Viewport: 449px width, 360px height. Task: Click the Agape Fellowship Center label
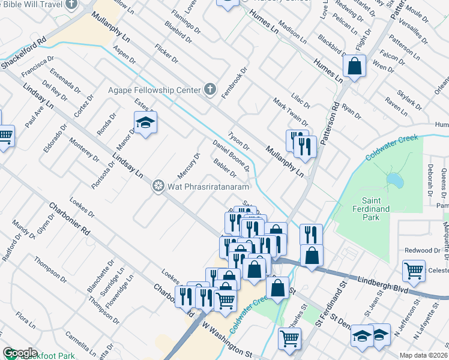153,90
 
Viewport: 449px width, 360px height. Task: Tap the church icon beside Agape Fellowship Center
209,89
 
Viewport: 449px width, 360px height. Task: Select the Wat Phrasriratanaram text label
208,187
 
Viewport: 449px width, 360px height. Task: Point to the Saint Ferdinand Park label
379,208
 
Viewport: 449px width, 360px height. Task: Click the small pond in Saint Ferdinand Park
394,180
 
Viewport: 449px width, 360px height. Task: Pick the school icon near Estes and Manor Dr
144,124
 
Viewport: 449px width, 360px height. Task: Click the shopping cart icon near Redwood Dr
414,271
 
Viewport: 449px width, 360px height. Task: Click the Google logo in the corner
20,353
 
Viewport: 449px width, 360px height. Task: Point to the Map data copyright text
424,355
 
